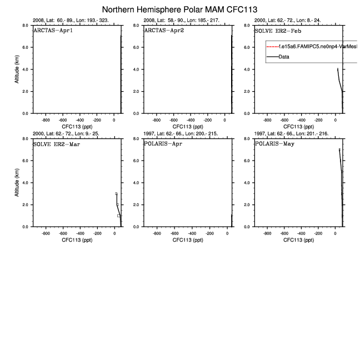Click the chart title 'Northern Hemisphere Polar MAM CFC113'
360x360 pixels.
coord(179,9)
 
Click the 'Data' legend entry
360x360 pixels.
coord(284,57)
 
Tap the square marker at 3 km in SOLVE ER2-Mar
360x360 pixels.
coord(116,194)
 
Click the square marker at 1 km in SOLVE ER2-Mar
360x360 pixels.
coord(118,216)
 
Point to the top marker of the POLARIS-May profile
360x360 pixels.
coord(339,149)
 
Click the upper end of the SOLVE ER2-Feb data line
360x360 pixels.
coord(338,69)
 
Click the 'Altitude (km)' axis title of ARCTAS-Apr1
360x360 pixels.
coord(17,69)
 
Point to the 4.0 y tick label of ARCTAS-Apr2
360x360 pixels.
coord(136,69)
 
